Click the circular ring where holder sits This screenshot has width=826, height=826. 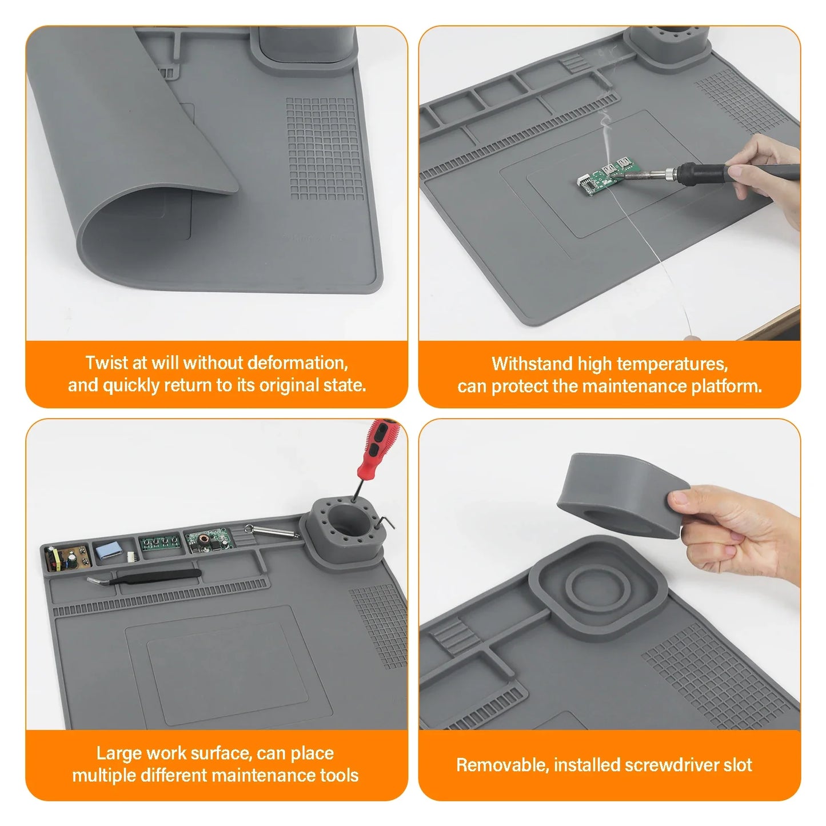tap(598, 583)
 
